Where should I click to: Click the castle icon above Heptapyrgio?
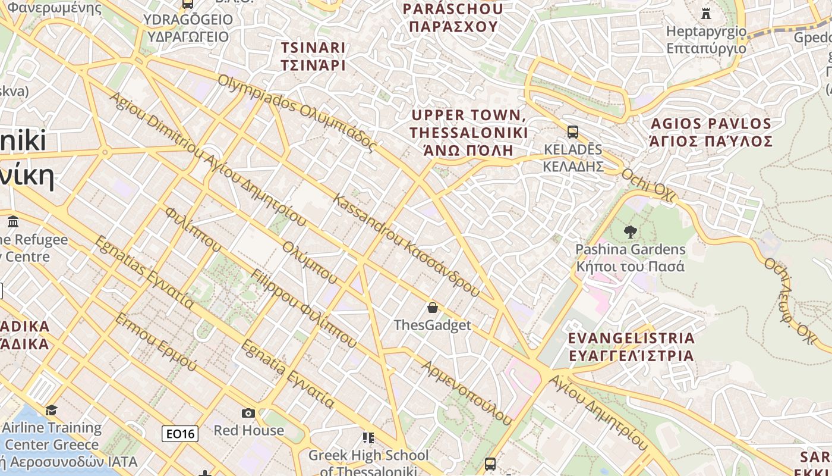click(706, 13)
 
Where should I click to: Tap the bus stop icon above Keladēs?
click(573, 132)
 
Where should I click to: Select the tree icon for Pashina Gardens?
click(631, 232)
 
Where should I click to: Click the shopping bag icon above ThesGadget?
click(433, 308)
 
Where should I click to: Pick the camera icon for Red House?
click(248, 413)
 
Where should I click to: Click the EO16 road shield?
click(180, 434)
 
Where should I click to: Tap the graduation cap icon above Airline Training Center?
click(52, 410)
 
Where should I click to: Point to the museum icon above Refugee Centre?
click(13, 222)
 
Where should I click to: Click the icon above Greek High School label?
click(368, 438)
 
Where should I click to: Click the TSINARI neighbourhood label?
click(313, 56)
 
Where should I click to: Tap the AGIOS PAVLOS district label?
click(711, 132)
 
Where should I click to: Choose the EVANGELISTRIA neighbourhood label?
click(631, 346)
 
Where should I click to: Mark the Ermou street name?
click(155, 342)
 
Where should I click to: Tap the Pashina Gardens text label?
click(631, 258)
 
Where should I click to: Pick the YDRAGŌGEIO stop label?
click(188, 28)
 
